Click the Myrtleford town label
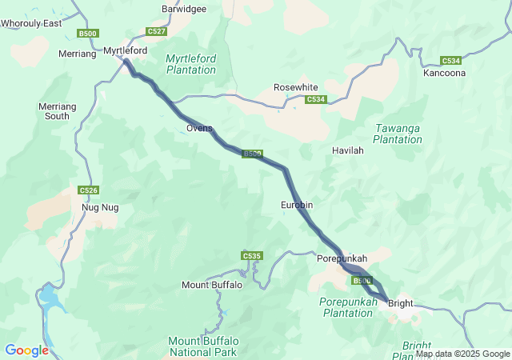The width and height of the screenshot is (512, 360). tap(126, 50)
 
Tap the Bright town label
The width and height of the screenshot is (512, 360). tap(399, 303)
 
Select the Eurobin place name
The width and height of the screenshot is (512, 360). tap(297, 206)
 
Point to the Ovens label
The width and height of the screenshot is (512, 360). tap(199, 128)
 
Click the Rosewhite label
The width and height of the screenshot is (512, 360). tap(296, 87)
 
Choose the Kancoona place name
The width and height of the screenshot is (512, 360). tap(445, 73)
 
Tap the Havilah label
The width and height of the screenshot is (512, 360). tap(348, 150)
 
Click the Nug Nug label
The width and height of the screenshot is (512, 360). tap(100, 207)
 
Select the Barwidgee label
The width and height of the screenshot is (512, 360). tap(184, 9)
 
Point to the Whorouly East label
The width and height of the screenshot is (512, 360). tap(31, 24)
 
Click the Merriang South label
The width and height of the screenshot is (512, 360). tap(57, 111)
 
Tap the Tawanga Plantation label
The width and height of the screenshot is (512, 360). tap(398, 134)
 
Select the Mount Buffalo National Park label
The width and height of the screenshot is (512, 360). tap(202, 346)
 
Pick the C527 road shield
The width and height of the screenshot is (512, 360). tap(157, 31)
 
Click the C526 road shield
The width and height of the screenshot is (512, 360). tap(88, 190)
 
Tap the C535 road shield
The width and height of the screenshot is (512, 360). tap(251, 255)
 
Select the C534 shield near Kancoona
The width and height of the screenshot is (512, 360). tap(451, 61)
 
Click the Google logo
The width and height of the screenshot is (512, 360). tap(26, 350)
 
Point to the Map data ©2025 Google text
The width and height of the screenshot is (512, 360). tap(462, 354)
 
